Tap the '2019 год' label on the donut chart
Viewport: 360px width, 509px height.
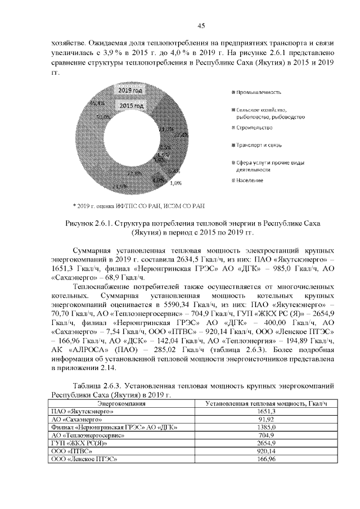pos(130,91)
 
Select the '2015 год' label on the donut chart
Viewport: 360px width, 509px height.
pos(130,106)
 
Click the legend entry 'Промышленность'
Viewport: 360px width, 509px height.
pos(259,92)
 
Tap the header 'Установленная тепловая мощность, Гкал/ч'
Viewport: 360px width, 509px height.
pos(265,404)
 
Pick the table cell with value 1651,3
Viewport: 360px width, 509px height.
pos(265,412)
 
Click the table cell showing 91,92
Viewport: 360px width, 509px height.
pos(265,420)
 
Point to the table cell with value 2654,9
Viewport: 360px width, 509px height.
pos(265,443)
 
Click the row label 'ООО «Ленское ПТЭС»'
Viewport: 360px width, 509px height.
pos(85,459)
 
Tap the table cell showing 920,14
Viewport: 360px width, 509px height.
pos(265,451)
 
